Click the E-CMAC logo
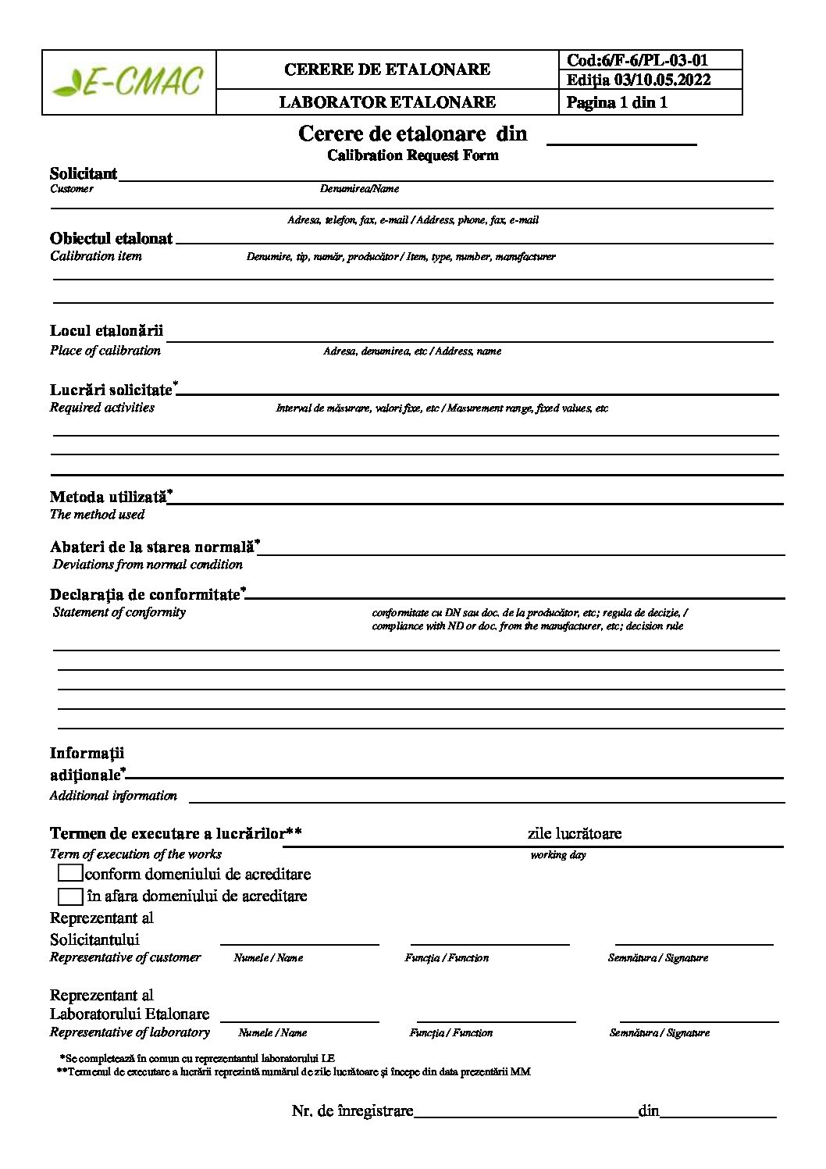point(128,82)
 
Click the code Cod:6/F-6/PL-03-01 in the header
point(637,60)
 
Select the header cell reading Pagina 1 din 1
point(617,102)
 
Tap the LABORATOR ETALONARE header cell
point(387,102)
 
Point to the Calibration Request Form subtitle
point(412,155)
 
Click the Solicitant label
point(84,173)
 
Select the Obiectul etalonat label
point(111,238)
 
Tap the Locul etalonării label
point(106,330)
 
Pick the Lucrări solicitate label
point(111,390)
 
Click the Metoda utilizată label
point(109,497)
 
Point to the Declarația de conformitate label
point(144,594)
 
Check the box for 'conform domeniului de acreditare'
point(69,874)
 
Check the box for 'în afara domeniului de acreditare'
point(69,896)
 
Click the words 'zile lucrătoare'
point(575,833)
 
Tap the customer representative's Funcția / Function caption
point(447,957)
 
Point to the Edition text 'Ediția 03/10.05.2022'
point(639,80)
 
